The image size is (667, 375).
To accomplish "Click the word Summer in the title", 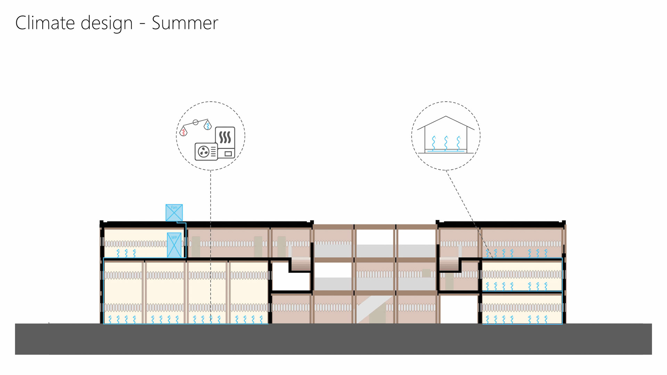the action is click(185, 23).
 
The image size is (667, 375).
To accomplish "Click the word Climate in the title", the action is click(45, 23).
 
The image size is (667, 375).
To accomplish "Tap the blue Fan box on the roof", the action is click(174, 212).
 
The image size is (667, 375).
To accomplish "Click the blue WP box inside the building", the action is click(174, 245).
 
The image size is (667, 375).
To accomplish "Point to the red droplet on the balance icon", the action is click(183, 132).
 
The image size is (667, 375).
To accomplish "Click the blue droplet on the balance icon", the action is click(208, 125).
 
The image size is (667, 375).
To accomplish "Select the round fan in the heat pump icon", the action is click(204, 152).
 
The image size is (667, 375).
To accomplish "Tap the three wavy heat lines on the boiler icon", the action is click(225, 137).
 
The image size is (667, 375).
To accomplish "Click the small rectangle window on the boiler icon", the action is click(228, 153).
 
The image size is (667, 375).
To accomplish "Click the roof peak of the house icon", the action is click(446, 117).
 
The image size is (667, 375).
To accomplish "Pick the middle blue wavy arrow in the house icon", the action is click(446, 143).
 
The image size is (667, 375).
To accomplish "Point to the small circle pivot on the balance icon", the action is click(196, 122).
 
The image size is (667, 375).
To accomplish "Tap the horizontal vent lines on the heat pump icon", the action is click(213, 152).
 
